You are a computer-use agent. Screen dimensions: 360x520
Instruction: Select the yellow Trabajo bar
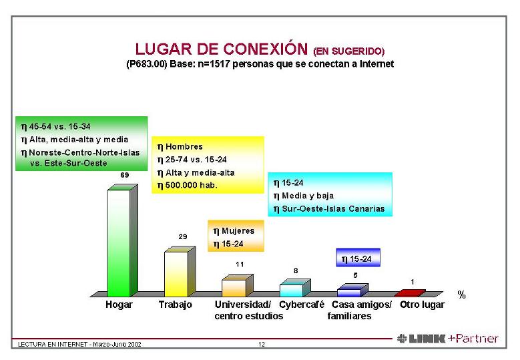pyautogui.click(x=176, y=273)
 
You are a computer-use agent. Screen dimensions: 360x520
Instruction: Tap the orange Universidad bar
pyautogui.click(x=234, y=287)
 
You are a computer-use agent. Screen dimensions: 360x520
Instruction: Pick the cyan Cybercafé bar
pyautogui.click(x=291, y=290)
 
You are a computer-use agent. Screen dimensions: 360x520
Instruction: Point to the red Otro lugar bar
pyautogui.click(x=407, y=293)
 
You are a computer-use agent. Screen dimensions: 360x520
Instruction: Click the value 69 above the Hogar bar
pyautogui.click(x=124, y=175)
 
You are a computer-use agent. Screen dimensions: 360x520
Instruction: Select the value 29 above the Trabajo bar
pyautogui.click(x=182, y=236)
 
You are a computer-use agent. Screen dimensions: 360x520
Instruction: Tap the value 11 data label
pyautogui.click(x=240, y=264)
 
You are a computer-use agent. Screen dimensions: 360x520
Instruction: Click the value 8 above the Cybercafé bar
pyautogui.click(x=296, y=271)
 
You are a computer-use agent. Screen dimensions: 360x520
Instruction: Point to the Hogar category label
pyautogui.click(x=119, y=305)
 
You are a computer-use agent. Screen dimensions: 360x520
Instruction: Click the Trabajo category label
pyautogui.click(x=176, y=305)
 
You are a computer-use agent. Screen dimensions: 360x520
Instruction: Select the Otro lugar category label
pyautogui.click(x=422, y=305)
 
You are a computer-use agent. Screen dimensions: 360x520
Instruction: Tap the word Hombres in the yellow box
pyautogui.click(x=184, y=146)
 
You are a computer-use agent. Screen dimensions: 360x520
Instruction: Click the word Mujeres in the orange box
pyautogui.click(x=238, y=230)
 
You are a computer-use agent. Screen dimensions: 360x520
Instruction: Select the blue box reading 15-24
pyautogui.click(x=357, y=258)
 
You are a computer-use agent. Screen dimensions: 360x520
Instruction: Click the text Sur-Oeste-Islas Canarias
pyautogui.click(x=333, y=208)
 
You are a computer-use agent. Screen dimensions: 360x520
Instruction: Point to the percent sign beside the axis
pyautogui.click(x=461, y=294)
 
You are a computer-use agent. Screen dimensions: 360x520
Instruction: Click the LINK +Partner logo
pyautogui.click(x=447, y=339)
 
